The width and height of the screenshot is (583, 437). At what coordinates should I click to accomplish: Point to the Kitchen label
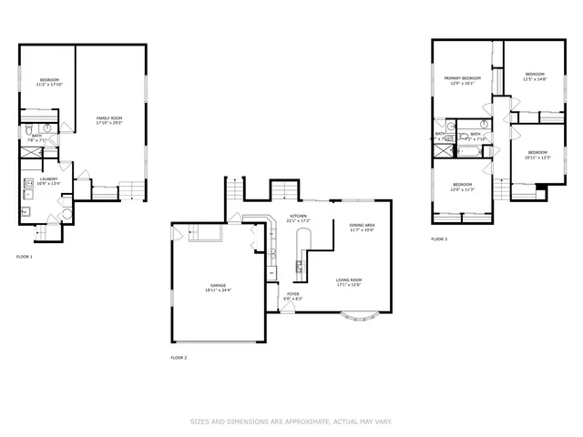298,218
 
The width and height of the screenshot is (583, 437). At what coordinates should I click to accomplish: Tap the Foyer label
293,296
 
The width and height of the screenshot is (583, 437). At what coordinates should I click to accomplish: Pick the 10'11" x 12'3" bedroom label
537,155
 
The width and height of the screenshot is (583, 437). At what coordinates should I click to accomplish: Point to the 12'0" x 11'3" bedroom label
462,188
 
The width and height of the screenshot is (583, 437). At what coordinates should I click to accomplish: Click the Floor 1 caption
25,257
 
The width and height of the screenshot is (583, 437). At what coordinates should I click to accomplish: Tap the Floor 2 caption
179,358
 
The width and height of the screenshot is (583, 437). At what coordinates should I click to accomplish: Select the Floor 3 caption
439,239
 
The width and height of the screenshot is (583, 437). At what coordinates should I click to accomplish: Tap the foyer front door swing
287,308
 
